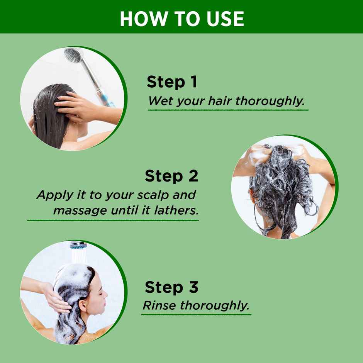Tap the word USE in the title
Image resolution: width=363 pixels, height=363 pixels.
226,19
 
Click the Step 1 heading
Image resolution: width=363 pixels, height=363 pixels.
172,81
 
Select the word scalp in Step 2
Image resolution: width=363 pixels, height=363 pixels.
153,195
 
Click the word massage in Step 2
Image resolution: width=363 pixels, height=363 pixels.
80,211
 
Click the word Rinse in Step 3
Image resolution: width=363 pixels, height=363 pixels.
159,305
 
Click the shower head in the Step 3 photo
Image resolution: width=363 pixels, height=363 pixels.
78,245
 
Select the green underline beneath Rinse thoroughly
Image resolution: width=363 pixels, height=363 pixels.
196,314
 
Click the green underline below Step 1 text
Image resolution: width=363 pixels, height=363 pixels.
228,110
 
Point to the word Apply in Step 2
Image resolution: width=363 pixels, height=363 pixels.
55,195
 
